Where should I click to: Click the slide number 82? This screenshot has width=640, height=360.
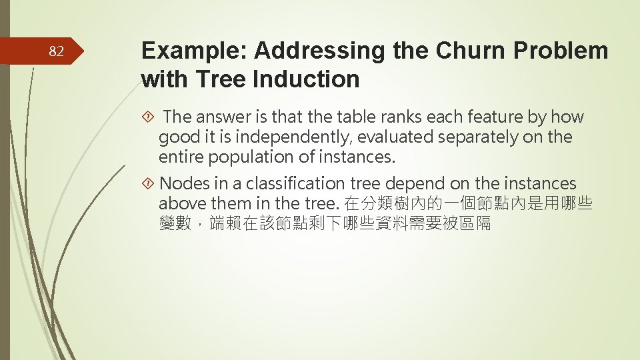tap(56, 51)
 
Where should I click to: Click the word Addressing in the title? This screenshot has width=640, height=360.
tap(311, 51)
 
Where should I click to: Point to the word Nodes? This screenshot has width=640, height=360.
tap(184, 184)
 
